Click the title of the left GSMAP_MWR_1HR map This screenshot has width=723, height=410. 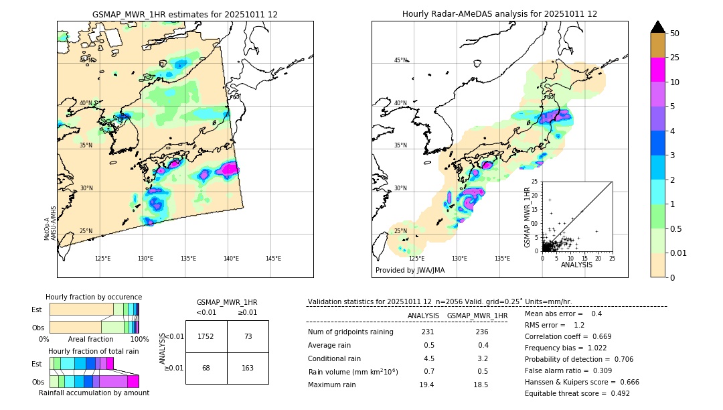[x=185, y=14]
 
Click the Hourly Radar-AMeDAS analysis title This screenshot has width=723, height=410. [x=499, y=14]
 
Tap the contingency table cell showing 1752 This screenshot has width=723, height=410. [x=206, y=336]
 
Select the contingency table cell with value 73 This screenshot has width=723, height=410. [x=248, y=336]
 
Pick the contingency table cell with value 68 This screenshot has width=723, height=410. [x=206, y=368]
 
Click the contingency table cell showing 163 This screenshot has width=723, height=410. [x=248, y=368]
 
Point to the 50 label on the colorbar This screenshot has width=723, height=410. [x=675, y=33]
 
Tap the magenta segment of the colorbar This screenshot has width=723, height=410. [x=657, y=70]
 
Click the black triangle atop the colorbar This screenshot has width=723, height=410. [x=657, y=27]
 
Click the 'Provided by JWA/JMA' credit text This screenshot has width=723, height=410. [x=410, y=271]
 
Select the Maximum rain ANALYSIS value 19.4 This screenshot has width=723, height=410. [x=426, y=385]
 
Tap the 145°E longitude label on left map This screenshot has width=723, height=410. [x=273, y=259]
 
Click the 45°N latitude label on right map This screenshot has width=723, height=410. [x=400, y=60]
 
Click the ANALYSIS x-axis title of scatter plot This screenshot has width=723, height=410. [x=576, y=265]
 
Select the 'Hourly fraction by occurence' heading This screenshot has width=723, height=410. [x=94, y=297]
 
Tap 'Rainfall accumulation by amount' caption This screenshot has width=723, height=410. [x=94, y=393]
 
